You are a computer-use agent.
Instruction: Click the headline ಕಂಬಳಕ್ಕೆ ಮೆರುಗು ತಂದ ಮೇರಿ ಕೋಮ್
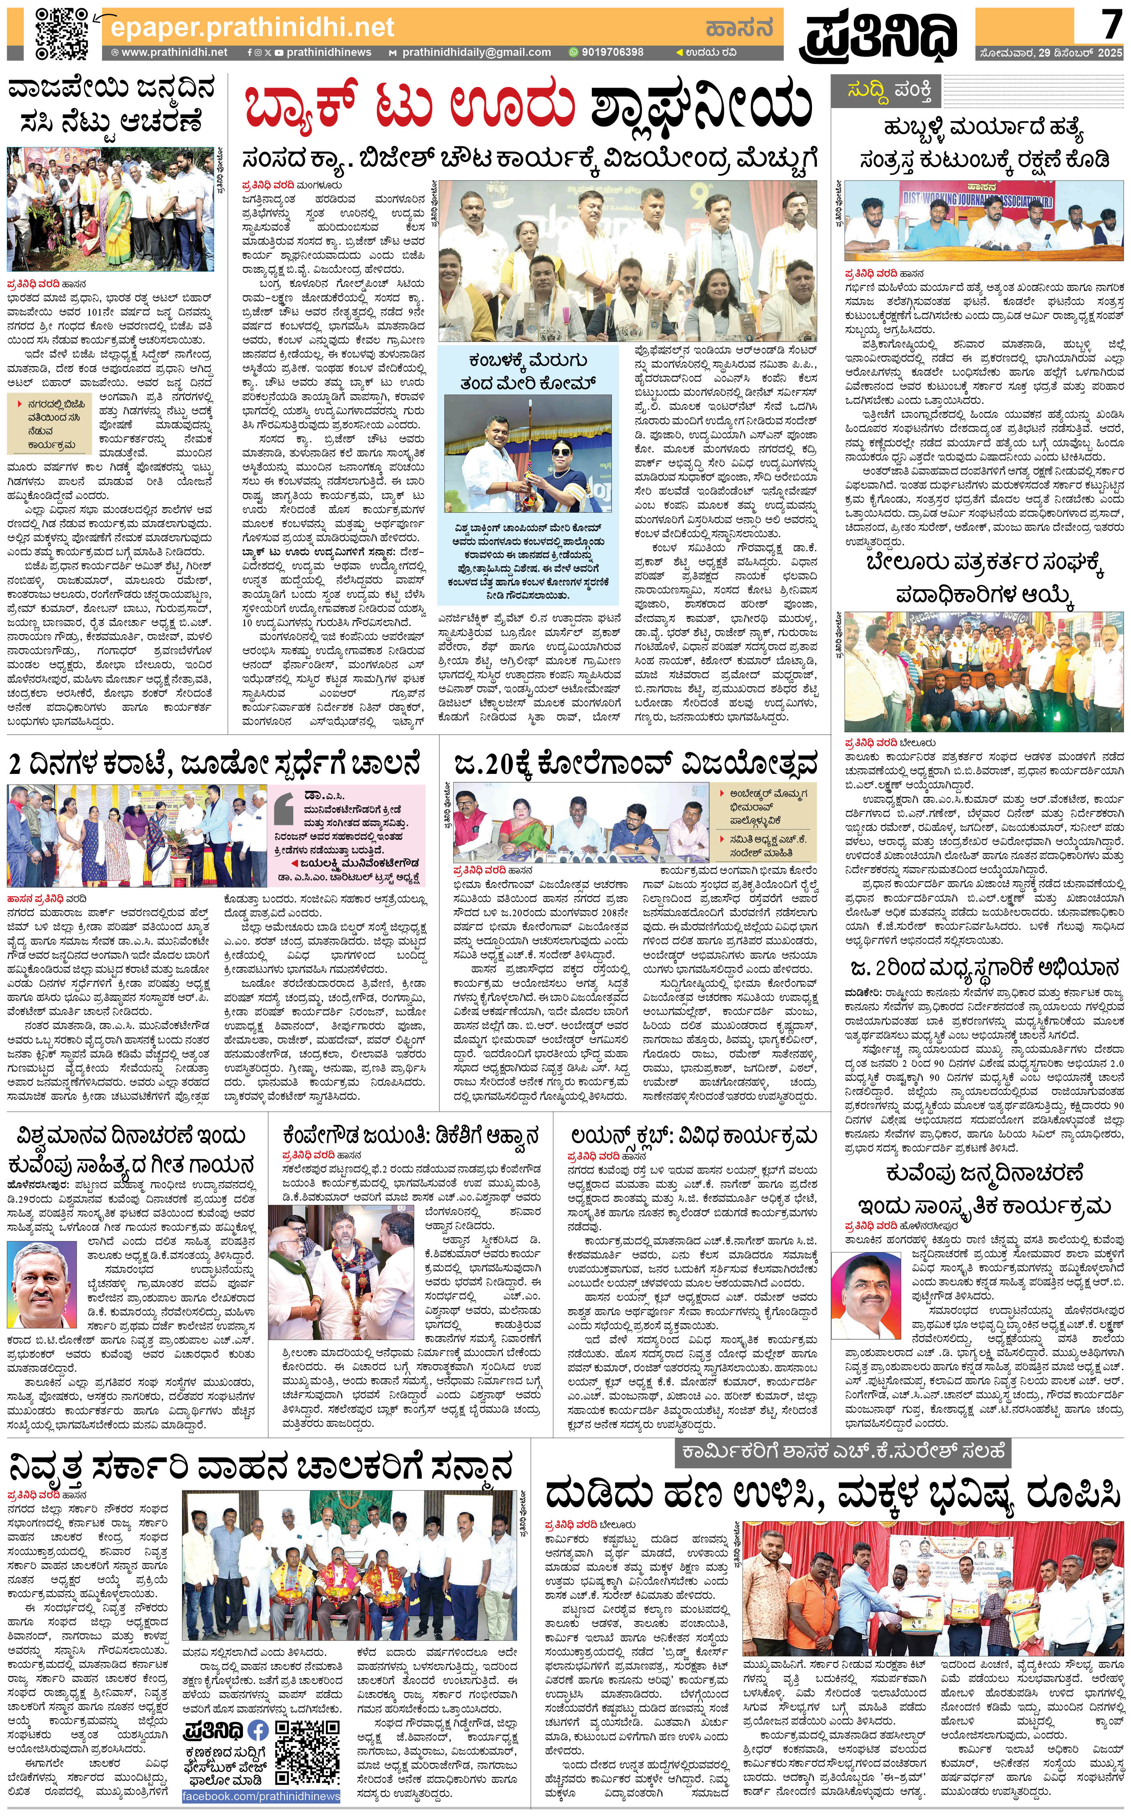click(x=528, y=371)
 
